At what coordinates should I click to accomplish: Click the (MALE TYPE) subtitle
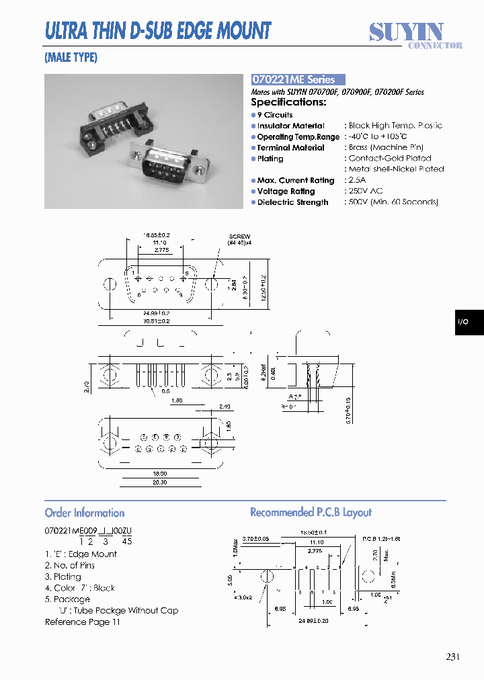coord(71,58)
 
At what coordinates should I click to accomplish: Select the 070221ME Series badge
coord(297,79)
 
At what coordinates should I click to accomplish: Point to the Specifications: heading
coord(288,102)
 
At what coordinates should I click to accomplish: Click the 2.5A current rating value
coord(358,180)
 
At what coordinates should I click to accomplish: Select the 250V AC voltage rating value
coord(366,191)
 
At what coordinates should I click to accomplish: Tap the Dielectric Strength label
coord(292,202)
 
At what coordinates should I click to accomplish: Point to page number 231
coord(452,656)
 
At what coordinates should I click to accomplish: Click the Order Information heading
coord(85,513)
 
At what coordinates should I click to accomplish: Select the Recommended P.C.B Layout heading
coord(311,513)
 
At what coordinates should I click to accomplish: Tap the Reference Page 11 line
coord(82,622)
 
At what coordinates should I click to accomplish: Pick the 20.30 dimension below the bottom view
coord(159,482)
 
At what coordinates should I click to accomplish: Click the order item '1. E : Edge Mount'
coord(81,554)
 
